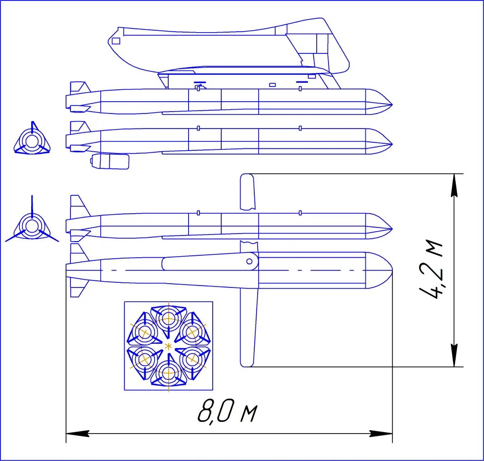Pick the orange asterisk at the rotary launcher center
click(168, 346)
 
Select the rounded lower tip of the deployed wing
click(247, 363)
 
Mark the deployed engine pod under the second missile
click(110, 161)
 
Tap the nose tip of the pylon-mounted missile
click(392, 104)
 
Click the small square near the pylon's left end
click(116, 41)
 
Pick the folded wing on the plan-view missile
click(208, 263)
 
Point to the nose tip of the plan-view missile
click(391, 270)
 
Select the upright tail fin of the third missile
click(78, 205)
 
